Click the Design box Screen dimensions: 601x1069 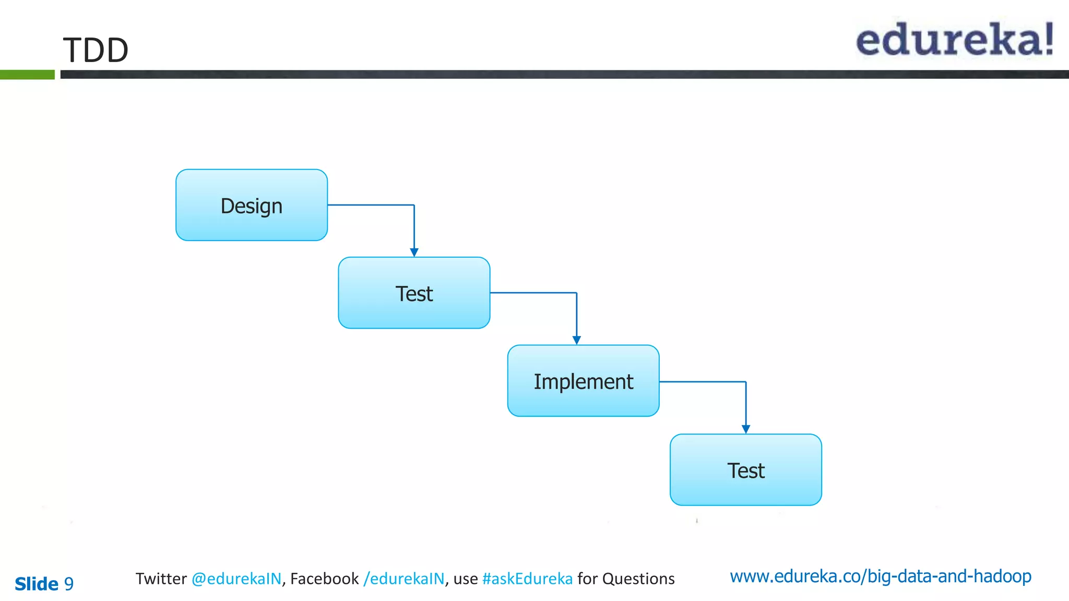point(252,205)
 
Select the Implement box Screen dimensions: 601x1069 point(583,381)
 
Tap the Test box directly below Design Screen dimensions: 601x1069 point(414,293)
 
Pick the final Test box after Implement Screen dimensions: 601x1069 point(745,470)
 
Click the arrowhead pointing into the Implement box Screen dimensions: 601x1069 point(577,340)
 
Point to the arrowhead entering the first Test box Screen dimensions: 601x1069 point(414,253)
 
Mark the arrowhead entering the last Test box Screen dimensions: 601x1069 point(746,429)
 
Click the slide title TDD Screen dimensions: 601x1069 point(96,50)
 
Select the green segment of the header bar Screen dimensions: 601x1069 point(27,75)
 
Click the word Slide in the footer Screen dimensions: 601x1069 point(37,584)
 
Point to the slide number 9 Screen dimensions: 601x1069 point(69,584)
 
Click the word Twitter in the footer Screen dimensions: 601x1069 point(161,579)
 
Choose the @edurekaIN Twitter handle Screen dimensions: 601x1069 point(236,579)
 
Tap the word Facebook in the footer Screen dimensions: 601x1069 point(324,579)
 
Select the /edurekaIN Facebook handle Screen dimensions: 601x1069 point(404,579)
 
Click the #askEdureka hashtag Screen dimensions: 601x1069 point(527,579)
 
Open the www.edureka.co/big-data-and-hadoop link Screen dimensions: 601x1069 point(881,576)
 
